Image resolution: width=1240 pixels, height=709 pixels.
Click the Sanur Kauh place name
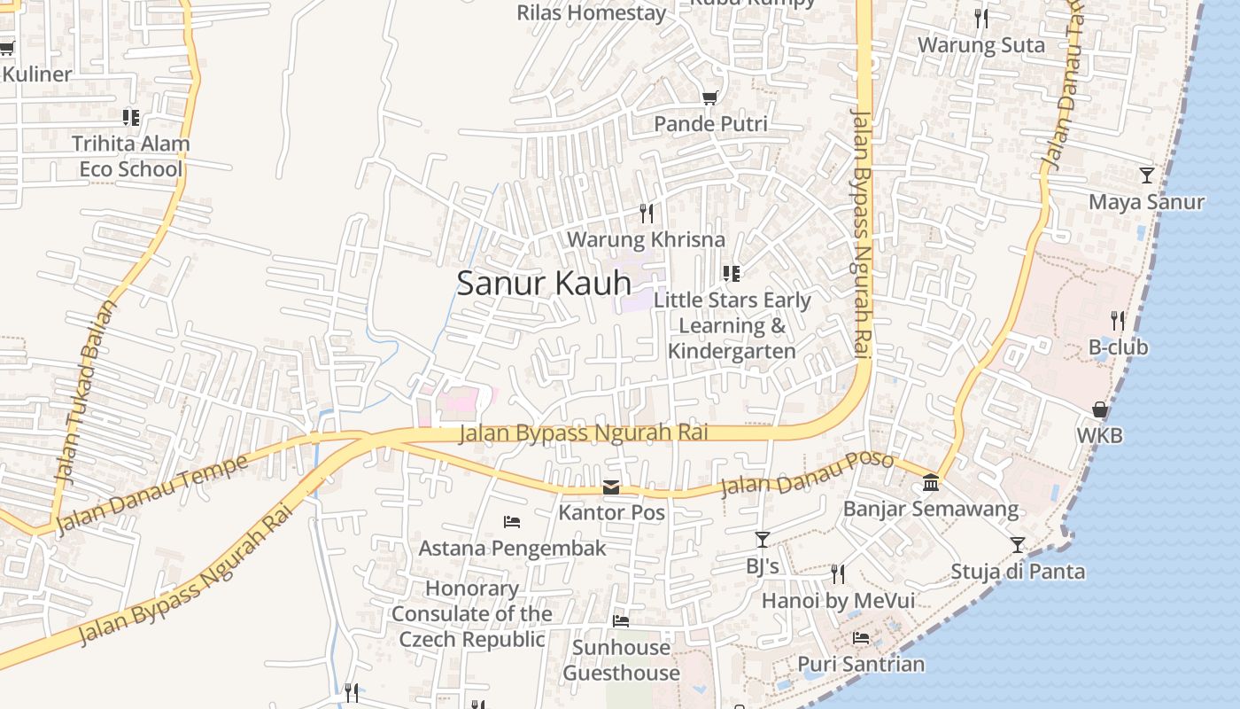click(544, 283)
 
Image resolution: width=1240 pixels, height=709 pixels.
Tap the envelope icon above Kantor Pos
click(611, 487)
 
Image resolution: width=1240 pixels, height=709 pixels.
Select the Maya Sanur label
click(1146, 202)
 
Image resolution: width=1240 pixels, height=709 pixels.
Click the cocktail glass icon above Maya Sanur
click(1147, 175)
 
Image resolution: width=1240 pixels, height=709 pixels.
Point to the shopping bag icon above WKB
click(1099, 409)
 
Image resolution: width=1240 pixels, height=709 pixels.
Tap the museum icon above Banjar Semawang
click(931, 483)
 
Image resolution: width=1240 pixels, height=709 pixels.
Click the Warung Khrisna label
click(646, 239)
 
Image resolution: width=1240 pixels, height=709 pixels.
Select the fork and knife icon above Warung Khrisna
click(647, 213)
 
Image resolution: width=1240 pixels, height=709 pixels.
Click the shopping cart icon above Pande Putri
click(709, 97)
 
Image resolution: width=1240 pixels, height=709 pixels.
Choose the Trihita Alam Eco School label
click(130, 156)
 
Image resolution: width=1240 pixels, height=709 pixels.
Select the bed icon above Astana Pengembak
click(512, 521)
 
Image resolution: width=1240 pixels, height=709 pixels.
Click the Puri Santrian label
click(861, 664)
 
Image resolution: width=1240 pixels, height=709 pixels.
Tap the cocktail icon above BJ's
click(762, 539)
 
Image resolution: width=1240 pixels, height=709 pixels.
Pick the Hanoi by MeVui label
click(838, 601)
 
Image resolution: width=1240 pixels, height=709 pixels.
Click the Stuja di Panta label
click(1018, 571)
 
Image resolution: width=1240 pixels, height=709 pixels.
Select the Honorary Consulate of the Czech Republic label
click(472, 613)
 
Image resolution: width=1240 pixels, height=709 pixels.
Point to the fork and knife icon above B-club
click(1118, 320)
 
